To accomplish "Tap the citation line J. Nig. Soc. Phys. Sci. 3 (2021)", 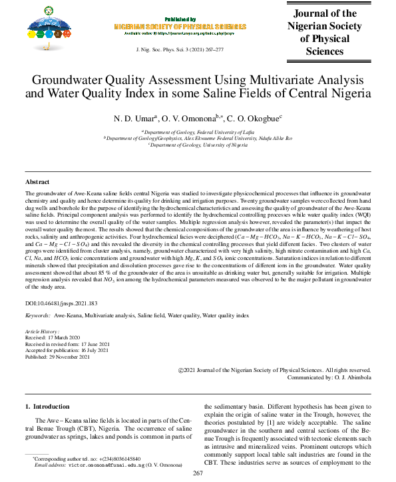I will (x=179, y=50).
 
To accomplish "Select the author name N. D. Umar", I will (x=136, y=118).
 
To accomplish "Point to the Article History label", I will (x=42, y=331).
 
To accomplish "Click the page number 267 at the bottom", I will (x=198, y=473).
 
